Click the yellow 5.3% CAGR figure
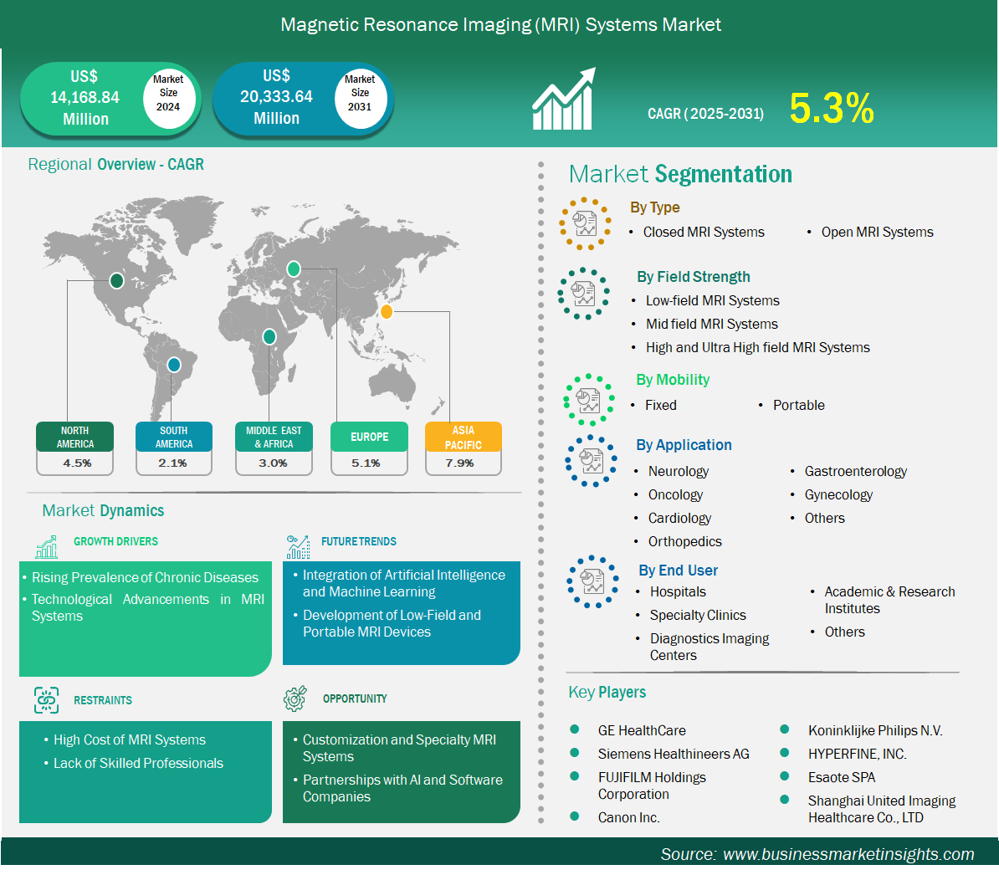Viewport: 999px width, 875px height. (x=832, y=108)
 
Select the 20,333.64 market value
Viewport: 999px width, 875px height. (x=276, y=97)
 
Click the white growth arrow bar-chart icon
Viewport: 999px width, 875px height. (x=564, y=99)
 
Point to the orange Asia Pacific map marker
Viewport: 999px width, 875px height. (x=386, y=311)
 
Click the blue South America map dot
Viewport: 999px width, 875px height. (x=173, y=365)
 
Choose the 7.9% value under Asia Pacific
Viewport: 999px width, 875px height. (x=460, y=463)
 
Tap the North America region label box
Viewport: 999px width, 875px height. (x=75, y=437)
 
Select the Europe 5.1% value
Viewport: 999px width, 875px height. (x=366, y=463)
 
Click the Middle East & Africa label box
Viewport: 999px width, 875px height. (x=274, y=437)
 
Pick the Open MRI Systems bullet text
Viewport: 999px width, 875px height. (x=878, y=233)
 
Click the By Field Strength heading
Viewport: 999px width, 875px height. (x=693, y=277)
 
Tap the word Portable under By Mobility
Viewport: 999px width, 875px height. (x=799, y=405)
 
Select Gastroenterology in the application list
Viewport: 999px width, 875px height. (x=856, y=471)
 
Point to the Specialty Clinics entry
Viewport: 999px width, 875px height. (x=698, y=615)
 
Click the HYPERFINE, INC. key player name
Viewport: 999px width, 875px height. (x=857, y=754)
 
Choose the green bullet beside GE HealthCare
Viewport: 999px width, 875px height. (x=575, y=729)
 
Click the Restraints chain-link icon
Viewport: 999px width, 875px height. (x=47, y=700)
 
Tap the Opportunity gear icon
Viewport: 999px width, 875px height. (x=295, y=698)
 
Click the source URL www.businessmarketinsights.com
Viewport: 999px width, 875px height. (x=848, y=854)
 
